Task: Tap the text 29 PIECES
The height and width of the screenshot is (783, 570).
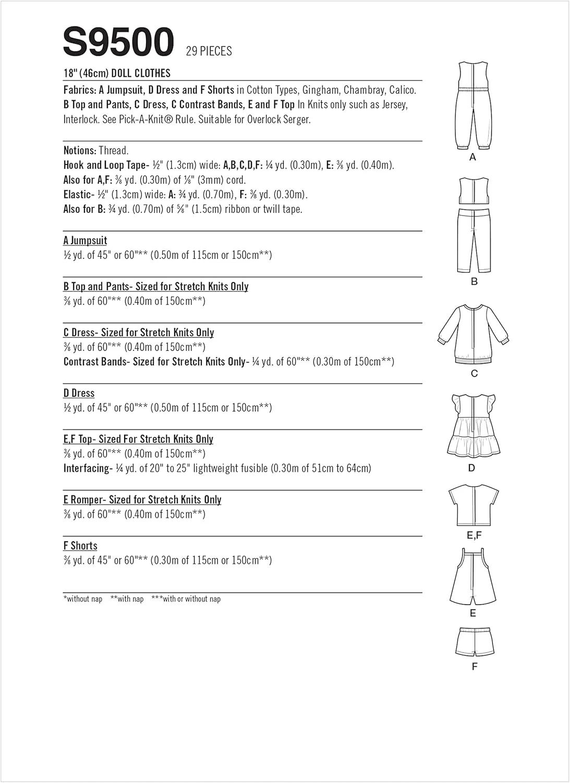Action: pyautogui.click(x=209, y=51)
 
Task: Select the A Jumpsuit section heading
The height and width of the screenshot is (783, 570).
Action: pyautogui.click(x=85, y=241)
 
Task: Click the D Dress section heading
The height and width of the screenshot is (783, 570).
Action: pyautogui.click(x=79, y=393)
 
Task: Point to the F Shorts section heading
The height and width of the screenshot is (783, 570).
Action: pyautogui.click(x=80, y=545)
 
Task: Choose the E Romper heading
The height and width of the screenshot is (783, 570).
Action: pyautogui.click(x=142, y=500)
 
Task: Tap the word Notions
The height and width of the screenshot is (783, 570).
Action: pyautogui.click(x=79, y=151)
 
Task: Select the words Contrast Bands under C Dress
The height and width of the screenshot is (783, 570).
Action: pyautogui.click(x=94, y=362)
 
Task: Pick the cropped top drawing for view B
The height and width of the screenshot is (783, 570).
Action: pyautogui.click(x=474, y=191)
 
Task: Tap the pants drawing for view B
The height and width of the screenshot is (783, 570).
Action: pyautogui.click(x=474, y=240)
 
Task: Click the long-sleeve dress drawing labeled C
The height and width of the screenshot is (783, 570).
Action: pyautogui.click(x=474, y=334)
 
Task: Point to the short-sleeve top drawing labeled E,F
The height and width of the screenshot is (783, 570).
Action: pyautogui.click(x=474, y=505)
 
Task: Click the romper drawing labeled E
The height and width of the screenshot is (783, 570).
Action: pyautogui.click(x=472, y=577)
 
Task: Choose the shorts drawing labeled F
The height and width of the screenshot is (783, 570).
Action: pyautogui.click(x=474, y=642)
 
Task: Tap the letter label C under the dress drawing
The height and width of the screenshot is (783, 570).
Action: pyautogui.click(x=474, y=374)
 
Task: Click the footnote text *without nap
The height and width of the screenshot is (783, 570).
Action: pyautogui.click(x=83, y=599)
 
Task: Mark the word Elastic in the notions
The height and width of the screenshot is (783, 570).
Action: pyautogui.click(x=77, y=195)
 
